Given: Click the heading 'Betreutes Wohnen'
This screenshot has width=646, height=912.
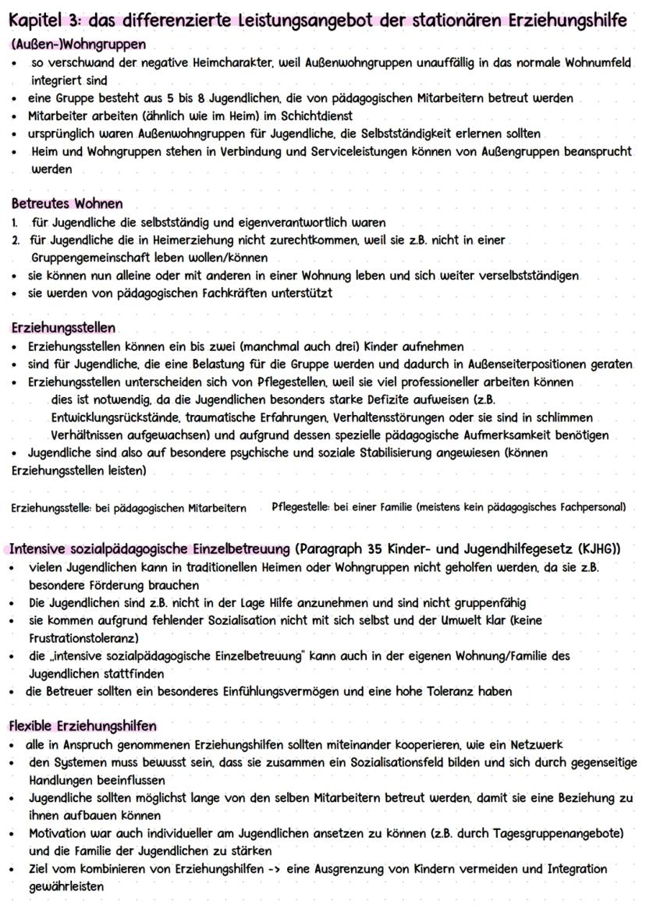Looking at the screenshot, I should click(x=67, y=204).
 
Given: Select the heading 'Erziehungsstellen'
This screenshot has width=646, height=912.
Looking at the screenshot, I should click(x=63, y=328).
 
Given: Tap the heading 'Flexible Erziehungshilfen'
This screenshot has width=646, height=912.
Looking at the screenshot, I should click(x=83, y=726).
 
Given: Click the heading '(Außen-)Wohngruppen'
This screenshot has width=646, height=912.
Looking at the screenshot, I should click(x=78, y=44).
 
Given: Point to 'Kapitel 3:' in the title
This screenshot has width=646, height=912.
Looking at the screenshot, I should click(x=47, y=20).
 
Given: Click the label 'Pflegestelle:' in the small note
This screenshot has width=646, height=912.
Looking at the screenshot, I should click(x=300, y=507).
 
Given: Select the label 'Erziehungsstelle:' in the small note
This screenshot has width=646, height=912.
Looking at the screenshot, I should click(x=51, y=508).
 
